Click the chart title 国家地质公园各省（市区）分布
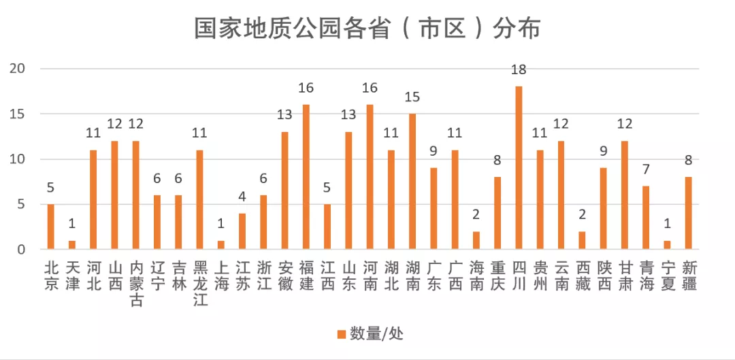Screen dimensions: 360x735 click(x=367, y=29)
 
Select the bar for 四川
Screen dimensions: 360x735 click(x=519, y=168)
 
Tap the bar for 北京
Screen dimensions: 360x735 click(x=50, y=227)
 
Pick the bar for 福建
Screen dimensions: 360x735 click(x=306, y=177)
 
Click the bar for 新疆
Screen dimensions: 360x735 click(x=689, y=213)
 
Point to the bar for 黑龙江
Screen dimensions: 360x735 click(x=199, y=199)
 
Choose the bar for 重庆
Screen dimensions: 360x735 click(x=497, y=213)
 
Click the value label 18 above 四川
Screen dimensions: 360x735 click(x=519, y=70)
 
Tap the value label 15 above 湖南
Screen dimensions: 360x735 click(x=412, y=97)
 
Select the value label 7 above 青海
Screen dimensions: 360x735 click(x=647, y=169)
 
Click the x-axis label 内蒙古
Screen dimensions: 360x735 click(x=135, y=282)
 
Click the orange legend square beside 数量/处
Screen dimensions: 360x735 click(x=341, y=333)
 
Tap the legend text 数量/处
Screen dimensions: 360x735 click(x=377, y=333)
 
